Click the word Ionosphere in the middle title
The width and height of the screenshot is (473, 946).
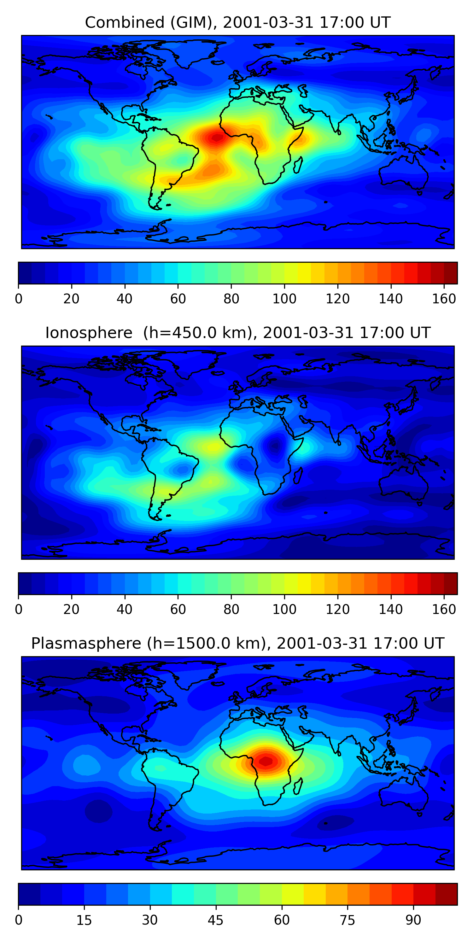(x=89, y=333)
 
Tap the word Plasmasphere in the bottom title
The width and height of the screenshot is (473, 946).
(x=86, y=643)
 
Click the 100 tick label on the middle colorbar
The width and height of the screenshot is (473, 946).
(x=284, y=610)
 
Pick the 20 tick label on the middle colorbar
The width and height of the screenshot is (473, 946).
(x=71, y=610)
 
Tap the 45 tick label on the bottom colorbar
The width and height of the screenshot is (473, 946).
(x=216, y=920)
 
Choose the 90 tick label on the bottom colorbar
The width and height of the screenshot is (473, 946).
(x=413, y=920)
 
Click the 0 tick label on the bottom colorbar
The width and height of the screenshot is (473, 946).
(x=19, y=920)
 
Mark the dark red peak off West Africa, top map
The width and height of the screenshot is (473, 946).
(x=217, y=138)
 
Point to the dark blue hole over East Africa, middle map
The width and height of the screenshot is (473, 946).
(x=275, y=446)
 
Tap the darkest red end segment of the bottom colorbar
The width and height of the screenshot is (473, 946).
(x=446, y=894)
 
